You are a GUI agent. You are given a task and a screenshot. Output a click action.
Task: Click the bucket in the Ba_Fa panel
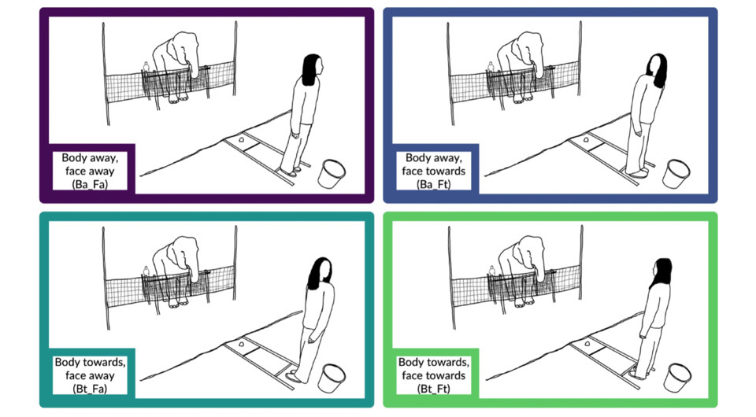(332, 174)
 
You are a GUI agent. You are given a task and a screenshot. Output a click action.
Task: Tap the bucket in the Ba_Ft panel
(676, 174)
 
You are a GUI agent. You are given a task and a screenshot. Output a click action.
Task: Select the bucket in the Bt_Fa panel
(332, 378)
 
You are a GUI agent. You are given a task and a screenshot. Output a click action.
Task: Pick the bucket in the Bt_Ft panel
(676, 378)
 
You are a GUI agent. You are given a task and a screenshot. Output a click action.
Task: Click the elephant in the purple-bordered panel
(175, 65)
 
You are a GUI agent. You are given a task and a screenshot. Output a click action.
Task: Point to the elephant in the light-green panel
(519, 270)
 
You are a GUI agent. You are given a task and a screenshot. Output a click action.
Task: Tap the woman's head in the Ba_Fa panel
(313, 69)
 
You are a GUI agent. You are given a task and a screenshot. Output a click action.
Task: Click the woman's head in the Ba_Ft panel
(656, 69)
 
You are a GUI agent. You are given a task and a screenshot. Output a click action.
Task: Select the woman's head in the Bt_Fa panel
(320, 273)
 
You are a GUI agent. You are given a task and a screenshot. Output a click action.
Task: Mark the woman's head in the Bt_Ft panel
(661, 273)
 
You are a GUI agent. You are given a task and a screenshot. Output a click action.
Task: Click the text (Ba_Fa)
(90, 184)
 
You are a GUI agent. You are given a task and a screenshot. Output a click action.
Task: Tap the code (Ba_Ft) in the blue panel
(433, 184)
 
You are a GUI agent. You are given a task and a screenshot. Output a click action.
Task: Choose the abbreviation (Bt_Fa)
(90, 389)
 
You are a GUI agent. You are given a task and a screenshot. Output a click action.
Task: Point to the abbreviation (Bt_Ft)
(433, 389)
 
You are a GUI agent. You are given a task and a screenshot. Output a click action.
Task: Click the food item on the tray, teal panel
(241, 345)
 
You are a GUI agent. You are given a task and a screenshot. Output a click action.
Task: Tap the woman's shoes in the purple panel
(291, 171)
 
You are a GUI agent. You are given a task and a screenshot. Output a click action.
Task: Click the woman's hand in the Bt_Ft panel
(643, 334)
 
